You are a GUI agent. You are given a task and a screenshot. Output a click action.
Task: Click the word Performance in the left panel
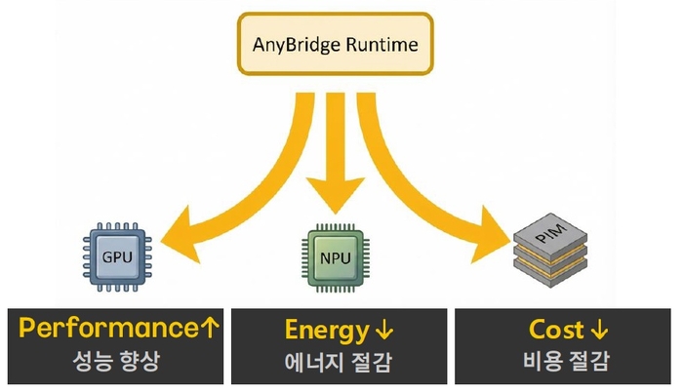point(102,329)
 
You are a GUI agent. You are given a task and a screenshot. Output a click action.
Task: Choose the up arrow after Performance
point(210,329)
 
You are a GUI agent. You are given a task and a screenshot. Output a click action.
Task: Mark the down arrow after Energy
point(381,330)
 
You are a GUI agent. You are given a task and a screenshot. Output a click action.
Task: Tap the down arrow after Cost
point(599,330)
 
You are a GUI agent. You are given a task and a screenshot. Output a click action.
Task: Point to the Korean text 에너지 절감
point(342,362)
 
